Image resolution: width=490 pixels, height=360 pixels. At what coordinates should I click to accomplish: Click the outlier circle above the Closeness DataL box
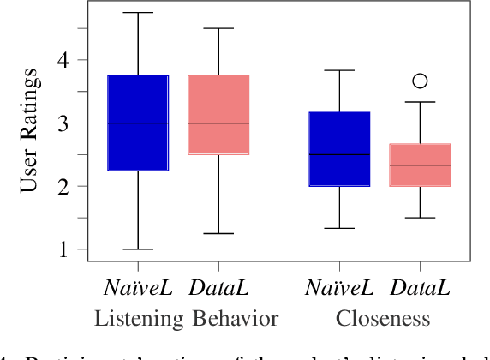(x=420, y=81)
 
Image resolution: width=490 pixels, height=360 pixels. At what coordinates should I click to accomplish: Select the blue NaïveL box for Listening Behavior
(x=137, y=123)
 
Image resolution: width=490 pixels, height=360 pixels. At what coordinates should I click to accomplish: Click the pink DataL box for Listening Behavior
(x=218, y=115)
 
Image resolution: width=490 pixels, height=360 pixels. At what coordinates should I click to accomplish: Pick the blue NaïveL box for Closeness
(x=339, y=148)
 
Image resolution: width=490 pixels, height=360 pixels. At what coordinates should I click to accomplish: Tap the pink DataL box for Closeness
(x=420, y=165)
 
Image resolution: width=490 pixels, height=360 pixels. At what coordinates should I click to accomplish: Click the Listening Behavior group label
(x=186, y=320)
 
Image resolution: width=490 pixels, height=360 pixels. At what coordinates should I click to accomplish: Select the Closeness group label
(x=382, y=320)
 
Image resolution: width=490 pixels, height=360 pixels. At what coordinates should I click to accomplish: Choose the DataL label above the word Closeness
(x=420, y=289)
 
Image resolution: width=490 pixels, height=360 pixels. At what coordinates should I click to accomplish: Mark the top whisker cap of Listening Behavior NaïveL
(x=137, y=13)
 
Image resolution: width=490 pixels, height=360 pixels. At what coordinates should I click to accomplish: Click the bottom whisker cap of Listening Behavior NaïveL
(x=137, y=249)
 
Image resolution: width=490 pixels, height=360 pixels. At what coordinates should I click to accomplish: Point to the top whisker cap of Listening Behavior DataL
(x=218, y=28)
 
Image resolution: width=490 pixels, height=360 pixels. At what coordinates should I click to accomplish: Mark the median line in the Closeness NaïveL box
(x=339, y=155)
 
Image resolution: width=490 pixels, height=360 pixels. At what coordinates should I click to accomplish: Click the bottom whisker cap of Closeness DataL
(x=420, y=218)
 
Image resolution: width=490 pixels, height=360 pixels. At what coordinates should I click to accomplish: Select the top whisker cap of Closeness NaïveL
(x=339, y=70)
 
